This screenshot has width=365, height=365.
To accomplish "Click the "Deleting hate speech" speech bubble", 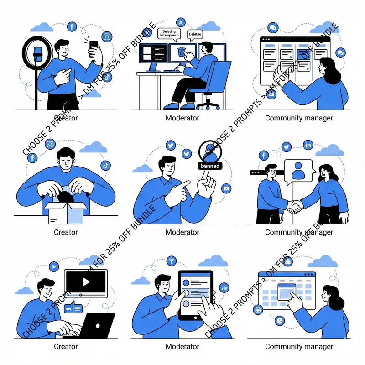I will [x=169, y=33].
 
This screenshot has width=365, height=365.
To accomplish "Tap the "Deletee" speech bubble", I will [x=195, y=34].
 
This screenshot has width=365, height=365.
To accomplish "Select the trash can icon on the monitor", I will [x=182, y=52].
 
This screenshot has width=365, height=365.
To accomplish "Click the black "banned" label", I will [x=210, y=166].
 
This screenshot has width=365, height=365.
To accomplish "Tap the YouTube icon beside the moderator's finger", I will [x=225, y=188].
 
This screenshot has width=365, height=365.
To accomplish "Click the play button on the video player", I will [x=86, y=282].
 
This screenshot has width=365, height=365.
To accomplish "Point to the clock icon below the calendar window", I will [x=279, y=321].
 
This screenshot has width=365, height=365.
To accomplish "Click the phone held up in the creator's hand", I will [x=94, y=47].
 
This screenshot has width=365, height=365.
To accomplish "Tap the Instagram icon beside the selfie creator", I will [x=107, y=37].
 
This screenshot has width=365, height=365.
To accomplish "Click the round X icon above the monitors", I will [x=181, y=22].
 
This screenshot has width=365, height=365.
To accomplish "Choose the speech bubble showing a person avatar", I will [x=297, y=171].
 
